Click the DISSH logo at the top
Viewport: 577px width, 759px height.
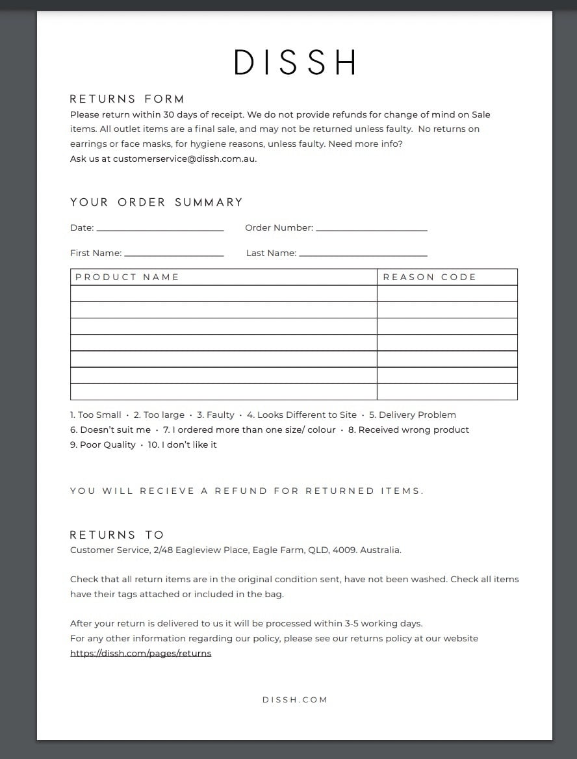pos(294,62)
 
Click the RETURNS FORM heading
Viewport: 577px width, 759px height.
pos(127,99)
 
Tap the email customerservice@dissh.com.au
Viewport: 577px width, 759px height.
pos(184,159)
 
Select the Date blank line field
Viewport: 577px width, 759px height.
pos(159,228)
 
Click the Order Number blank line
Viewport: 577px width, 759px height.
pos(371,228)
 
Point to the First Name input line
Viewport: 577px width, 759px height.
pos(173,253)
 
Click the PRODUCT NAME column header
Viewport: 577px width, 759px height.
pos(127,277)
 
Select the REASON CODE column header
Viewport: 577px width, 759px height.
pos(430,277)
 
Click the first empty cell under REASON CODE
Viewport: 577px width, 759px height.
pos(447,294)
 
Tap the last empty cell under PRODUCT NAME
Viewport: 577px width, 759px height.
pos(224,392)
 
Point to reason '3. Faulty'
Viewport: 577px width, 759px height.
pos(216,415)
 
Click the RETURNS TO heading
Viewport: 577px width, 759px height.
pos(117,535)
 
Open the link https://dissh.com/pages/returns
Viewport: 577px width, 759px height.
pos(140,653)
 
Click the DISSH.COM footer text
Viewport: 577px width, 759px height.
pos(294,700)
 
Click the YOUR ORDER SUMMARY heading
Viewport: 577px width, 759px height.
pos(156,202)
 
